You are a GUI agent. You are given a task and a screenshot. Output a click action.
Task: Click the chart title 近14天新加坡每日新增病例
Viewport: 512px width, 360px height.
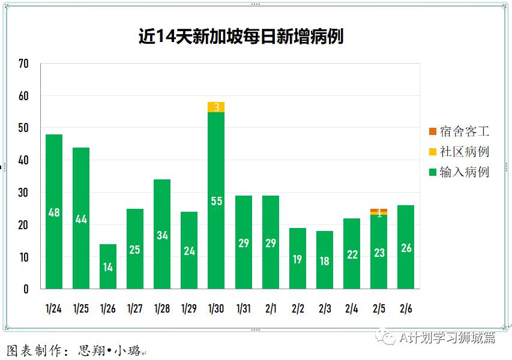coord(241,37)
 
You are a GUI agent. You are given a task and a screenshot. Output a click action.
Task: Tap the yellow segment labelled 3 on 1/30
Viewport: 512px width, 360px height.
coord(216,107)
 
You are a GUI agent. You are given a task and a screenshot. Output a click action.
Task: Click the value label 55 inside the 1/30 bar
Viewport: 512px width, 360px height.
coord(216,200)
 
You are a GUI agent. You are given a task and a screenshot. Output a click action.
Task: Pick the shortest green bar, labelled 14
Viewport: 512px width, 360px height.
coord(108,266)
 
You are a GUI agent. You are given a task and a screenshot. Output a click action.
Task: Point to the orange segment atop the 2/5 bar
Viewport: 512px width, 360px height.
coord(379,210)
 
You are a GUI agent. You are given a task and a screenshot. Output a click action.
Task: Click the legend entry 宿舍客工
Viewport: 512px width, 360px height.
coord(459,131)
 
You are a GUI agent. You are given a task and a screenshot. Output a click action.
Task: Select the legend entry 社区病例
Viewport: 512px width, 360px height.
coord(459,152)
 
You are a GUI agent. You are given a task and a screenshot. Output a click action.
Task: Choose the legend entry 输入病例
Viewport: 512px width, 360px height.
coord(459,172)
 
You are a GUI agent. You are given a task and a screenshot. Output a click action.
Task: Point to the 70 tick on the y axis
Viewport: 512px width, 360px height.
coord(23,64)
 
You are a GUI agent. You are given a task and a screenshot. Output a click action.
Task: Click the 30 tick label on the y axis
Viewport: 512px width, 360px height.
coord(23,193)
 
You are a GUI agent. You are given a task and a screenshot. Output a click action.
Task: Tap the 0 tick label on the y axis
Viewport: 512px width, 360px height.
coord(26,289)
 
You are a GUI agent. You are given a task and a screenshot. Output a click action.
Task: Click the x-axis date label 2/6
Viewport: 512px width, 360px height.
coord(406,309)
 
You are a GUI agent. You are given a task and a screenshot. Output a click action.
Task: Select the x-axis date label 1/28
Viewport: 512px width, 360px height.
coord(162,309)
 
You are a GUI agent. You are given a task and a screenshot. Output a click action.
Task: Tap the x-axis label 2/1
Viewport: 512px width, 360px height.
coord(271,309)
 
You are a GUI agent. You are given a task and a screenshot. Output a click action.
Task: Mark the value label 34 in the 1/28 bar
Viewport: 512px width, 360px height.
coord(162,235)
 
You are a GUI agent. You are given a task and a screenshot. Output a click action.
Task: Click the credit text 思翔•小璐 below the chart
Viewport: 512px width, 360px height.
coord(108,350)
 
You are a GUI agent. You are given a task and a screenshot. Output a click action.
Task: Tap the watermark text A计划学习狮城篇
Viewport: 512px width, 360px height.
coord(447,338)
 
